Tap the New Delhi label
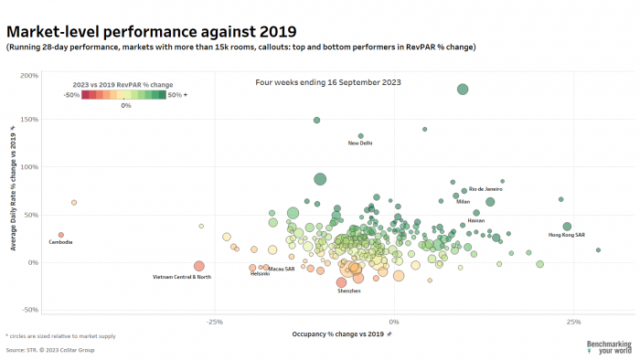360,143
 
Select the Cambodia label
61,242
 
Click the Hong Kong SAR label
566,236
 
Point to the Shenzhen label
349,291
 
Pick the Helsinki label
261,274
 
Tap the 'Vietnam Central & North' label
182,277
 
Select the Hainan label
476,220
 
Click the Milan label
464,201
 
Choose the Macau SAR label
280,269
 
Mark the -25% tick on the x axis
215,322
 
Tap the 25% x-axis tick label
573,322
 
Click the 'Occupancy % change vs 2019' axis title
338,335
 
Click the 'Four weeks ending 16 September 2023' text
328,82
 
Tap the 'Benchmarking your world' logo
608,347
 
